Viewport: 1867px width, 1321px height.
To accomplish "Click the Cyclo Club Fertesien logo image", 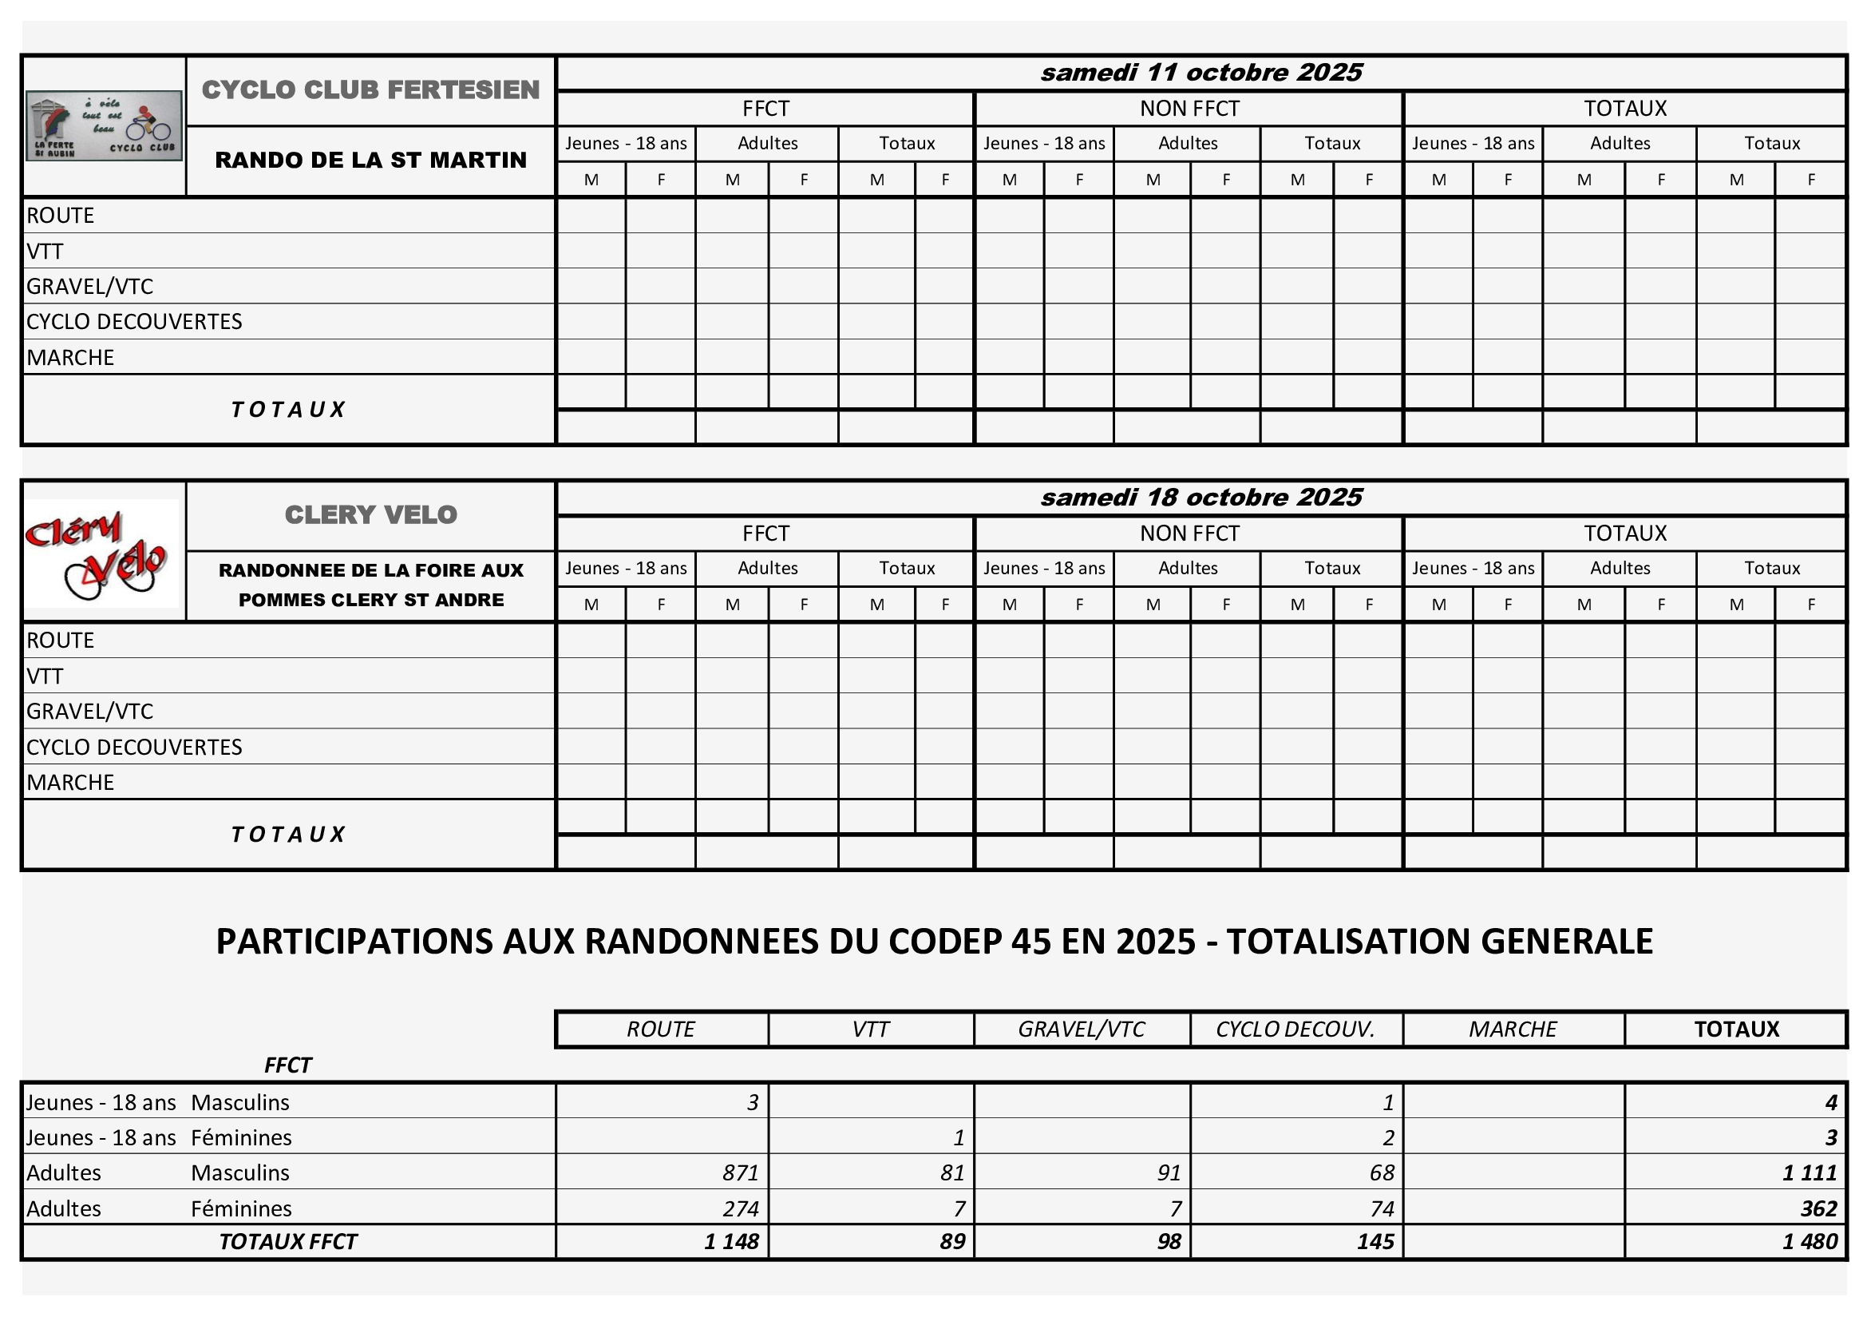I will (104, 126).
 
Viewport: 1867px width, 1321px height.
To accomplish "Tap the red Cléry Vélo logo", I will (101, 553).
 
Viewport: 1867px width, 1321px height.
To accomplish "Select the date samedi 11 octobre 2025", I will (1201, 73).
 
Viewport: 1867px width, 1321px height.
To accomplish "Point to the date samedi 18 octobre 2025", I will (1201, 497).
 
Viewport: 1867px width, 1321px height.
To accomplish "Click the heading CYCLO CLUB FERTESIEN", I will (371, 89).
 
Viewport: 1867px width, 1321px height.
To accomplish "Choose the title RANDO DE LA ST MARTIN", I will (371, 161).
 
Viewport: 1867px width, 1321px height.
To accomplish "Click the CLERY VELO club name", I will (371, 515).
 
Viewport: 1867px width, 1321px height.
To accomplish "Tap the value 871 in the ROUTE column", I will (740, 1172).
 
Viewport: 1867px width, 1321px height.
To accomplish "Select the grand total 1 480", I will (1810, 1241).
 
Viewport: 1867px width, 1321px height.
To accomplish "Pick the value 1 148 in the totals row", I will (731, 1241).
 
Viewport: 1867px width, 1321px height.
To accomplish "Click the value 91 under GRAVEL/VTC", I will (1169, 1172).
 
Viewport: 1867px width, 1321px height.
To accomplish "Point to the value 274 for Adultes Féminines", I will (740, 1208).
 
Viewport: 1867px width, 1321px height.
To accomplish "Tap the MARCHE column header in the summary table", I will (1513, 1029).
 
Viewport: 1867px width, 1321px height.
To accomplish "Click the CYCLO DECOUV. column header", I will (1295, 1029).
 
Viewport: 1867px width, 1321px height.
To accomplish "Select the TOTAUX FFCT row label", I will (288, 1241).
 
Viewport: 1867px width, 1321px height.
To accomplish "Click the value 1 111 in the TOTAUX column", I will (1810, 1172).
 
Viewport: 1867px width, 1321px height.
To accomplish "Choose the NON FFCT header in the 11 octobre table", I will (1189, 108).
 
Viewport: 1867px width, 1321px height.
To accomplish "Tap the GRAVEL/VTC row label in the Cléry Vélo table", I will (89, 711).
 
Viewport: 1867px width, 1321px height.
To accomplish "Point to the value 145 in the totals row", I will (1375, 1241).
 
